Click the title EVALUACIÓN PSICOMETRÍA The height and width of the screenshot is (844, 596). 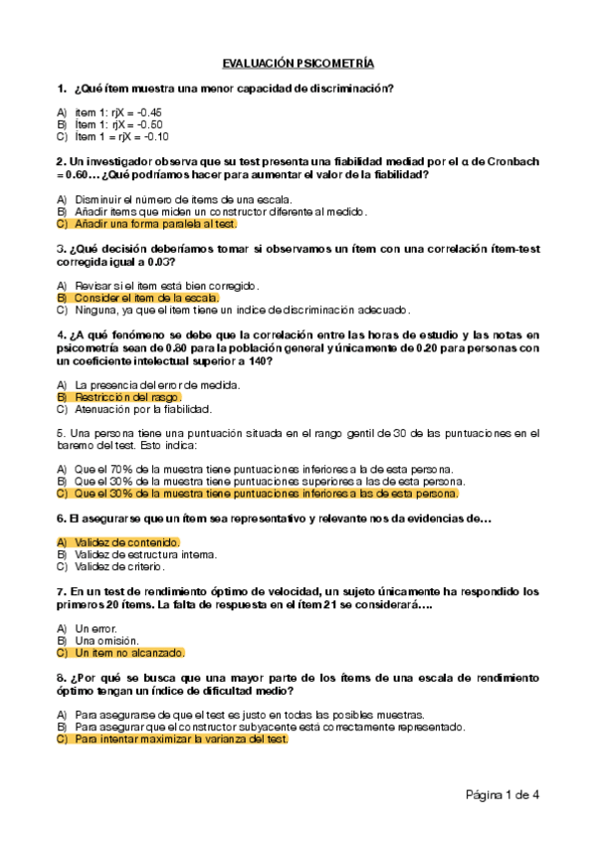coord(298,62)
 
